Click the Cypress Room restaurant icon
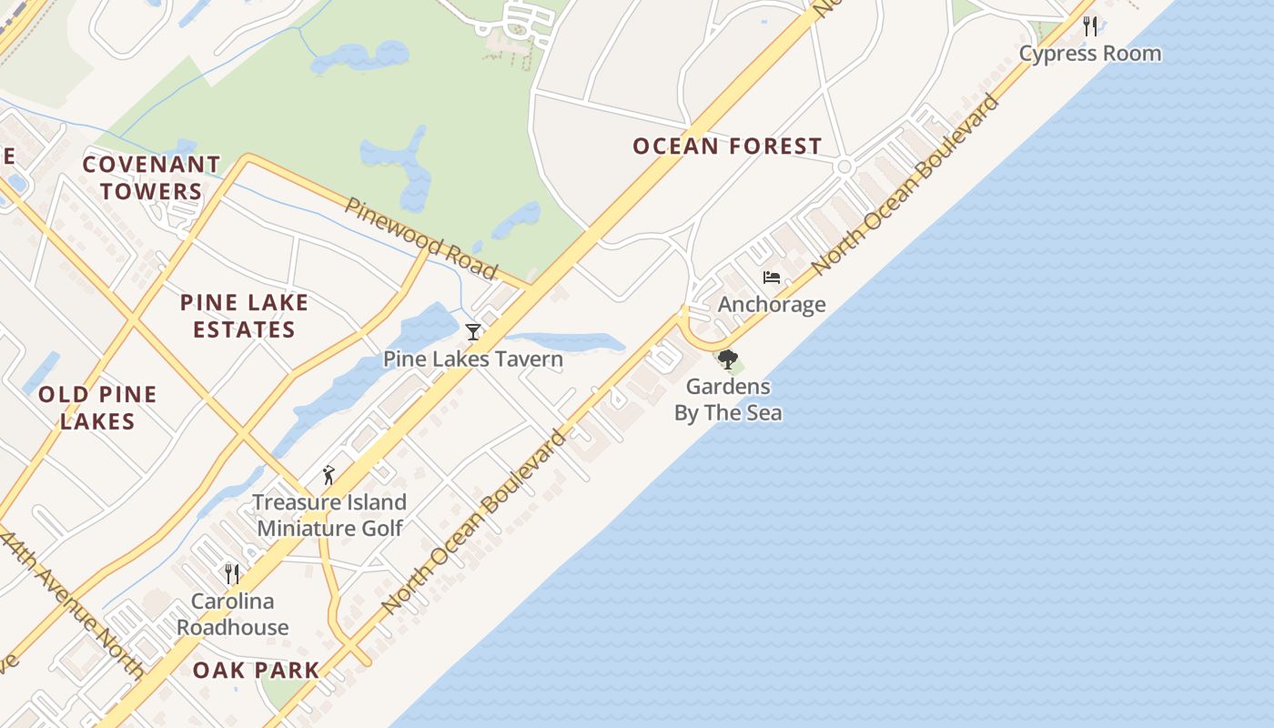(x=1090, y=26)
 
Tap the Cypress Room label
(x=1090, y=54)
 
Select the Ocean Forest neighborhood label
(x=727, y=147)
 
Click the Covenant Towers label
(x=151, y=178)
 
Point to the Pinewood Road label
(x=420, y=238)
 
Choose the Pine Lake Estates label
(x=244, y=316)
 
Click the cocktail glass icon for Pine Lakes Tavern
(x=472, y=332)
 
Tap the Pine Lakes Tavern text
(x=472, y=359)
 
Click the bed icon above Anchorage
(x=772, y=278)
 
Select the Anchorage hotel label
(x=772, y=305)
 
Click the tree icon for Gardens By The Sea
(x=727, y=360)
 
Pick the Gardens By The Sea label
(x=727, y=399)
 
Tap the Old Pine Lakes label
(x=97, y=408)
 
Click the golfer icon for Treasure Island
(x=329, y=475)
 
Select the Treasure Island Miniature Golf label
(x=329, y=515)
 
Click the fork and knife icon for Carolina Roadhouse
(x=232, y=573)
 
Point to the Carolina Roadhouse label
(x=232, y=614)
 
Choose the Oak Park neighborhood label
(x=256, y=671)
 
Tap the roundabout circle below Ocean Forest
(x=844, y=167)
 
